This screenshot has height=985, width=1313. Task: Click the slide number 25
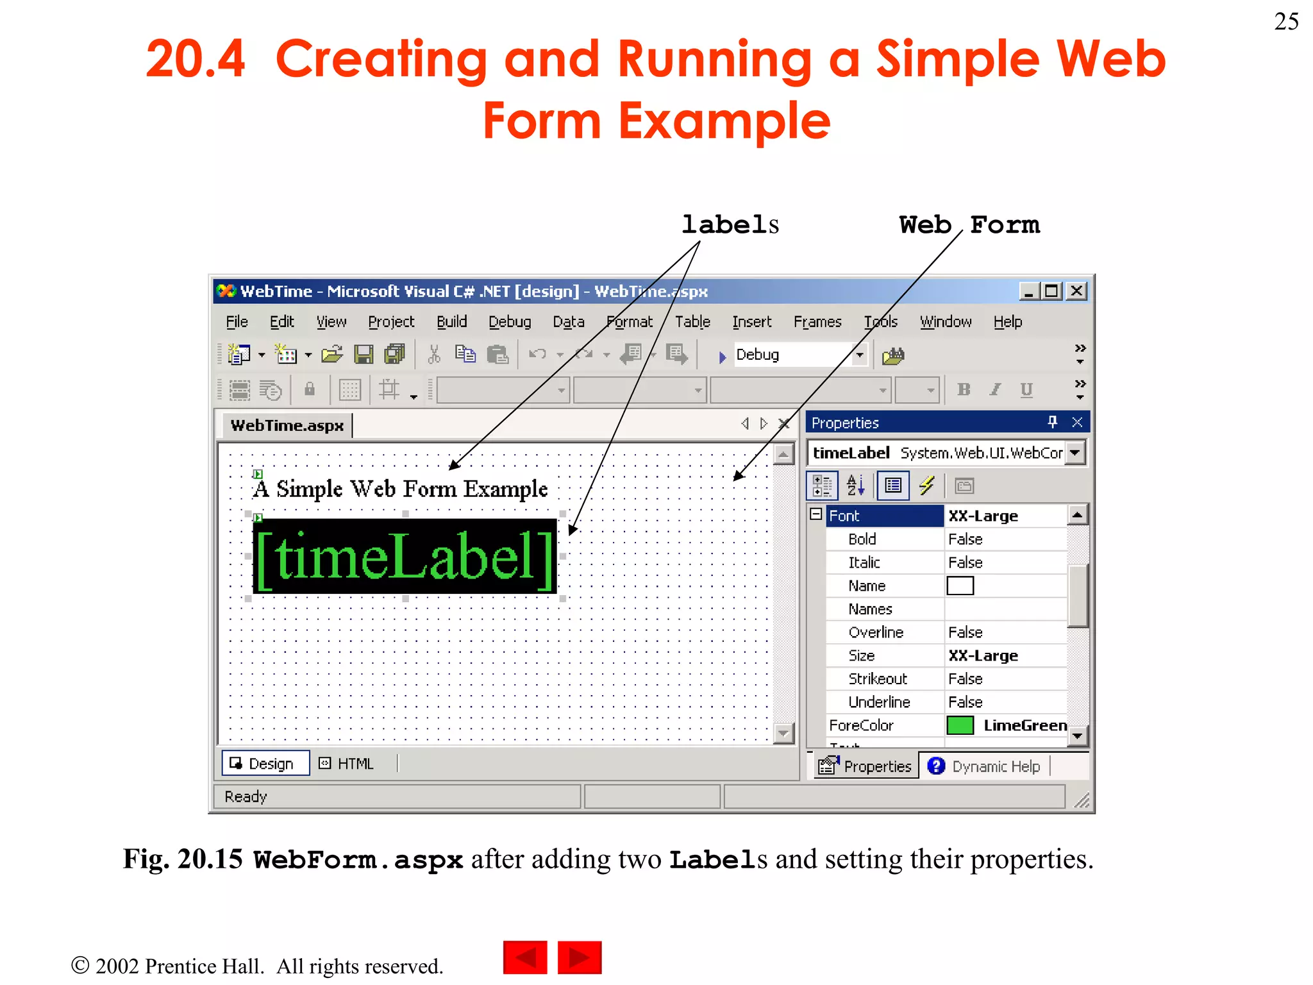point(1286,22)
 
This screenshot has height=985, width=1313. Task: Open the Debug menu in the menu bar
point(510,322)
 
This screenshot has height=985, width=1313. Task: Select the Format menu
point(630,322)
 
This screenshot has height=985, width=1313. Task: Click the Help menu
point(1007,322)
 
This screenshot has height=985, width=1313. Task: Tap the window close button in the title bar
point(1077,291)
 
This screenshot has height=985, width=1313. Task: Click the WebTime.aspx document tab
point(287,426)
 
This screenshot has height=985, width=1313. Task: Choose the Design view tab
point(265,764)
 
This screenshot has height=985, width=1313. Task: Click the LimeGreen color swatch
point(960,725)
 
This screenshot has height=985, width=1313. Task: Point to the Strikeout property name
point(877,678)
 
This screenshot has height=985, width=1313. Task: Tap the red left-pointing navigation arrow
point(525,957)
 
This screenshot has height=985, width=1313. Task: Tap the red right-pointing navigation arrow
point(580,957)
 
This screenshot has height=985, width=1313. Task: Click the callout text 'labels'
point(730,225)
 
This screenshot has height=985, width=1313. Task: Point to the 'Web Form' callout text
point(969,225)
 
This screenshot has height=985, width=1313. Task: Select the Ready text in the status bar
point(246,796)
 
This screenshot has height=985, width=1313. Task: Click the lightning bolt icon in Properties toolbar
point(926,485)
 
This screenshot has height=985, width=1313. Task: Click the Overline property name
point(876,632)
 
